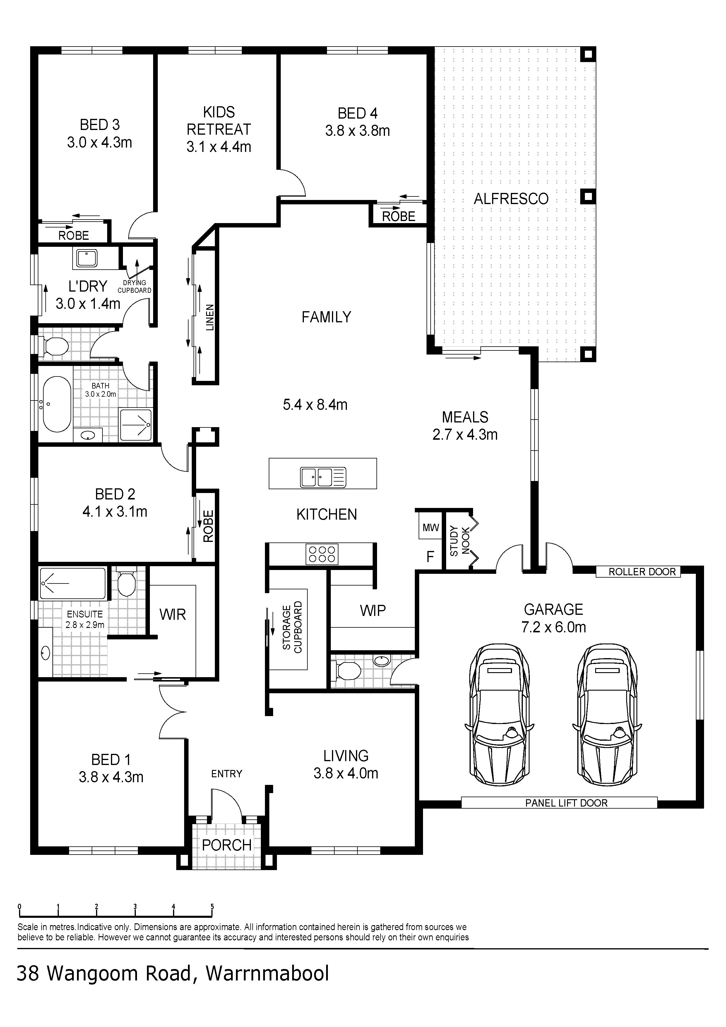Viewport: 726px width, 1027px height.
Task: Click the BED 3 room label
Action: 100,125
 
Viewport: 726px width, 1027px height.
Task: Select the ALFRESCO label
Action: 511,198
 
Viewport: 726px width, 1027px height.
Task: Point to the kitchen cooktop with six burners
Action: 322,554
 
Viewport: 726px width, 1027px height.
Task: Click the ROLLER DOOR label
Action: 642,572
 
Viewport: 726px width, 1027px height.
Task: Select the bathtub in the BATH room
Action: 56,404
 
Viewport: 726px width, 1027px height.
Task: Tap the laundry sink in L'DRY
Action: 86,258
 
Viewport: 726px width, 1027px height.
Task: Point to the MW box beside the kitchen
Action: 431,528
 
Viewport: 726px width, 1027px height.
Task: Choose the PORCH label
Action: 227,845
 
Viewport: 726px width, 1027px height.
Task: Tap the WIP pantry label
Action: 373,611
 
